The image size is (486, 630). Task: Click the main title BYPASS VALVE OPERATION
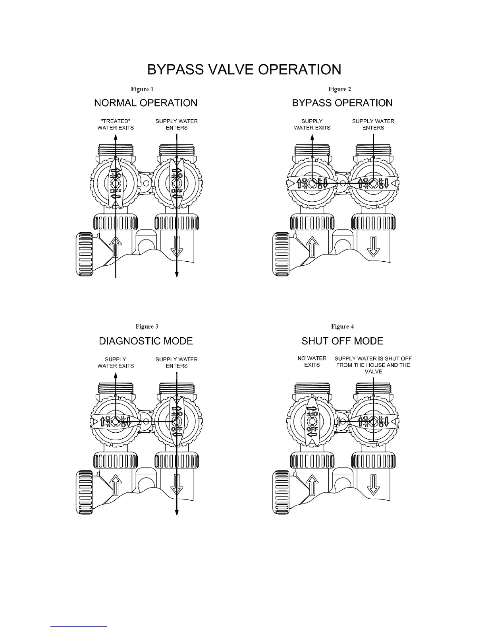tap(244, 70)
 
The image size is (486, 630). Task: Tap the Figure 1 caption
tap(142, 89)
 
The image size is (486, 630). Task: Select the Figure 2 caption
tap(339, 89)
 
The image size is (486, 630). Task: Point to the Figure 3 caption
tap(147, 327)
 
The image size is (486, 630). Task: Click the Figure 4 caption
tap(342, 327)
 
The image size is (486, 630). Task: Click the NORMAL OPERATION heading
tap(146, 103)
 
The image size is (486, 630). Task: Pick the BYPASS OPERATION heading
tap(342, 103)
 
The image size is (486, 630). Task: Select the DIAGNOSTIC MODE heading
tap(146, 341)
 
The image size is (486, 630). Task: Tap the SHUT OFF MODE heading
tap(342, 341)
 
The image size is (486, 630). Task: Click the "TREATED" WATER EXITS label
tap(116, 124)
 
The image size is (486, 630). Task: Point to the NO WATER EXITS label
tap(312, 362)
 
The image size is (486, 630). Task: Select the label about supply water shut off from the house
tap(373, 365)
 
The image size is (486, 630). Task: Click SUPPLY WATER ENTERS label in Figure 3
tap(176, 362)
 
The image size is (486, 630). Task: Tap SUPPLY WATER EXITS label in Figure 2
tap(312, 124)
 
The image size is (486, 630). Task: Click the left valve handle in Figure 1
tap(115, 183)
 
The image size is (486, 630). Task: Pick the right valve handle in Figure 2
tap(373, 183)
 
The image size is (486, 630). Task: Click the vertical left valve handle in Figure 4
tap(312, 421)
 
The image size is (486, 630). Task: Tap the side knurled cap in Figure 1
tap(84, 255)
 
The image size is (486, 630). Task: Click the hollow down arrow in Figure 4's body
tap(373, 484)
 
